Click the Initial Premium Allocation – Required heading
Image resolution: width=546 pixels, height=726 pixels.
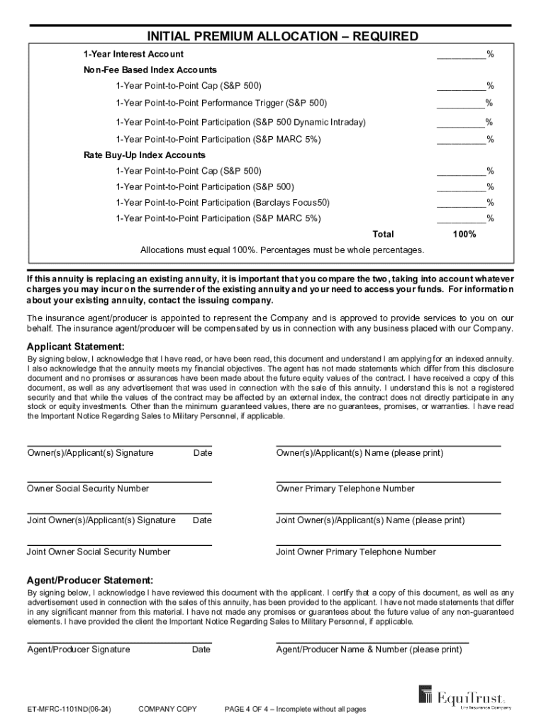(x=282, y=36)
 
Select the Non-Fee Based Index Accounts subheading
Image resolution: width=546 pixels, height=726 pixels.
(x=150, y=70)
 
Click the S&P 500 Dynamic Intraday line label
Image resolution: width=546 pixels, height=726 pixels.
(x=241, y=122)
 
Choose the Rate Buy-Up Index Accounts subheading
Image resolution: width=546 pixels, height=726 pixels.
(x=144, y=155)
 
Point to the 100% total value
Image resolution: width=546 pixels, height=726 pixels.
(x=464, y=234)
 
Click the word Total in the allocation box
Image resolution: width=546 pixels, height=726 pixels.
(x=383, y=234)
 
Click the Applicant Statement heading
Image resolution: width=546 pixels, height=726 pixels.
(x=75, y=347)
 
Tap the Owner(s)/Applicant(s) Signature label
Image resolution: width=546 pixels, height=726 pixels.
(x=90, y=453)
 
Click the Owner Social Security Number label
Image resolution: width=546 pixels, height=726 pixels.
(x=88, y=488)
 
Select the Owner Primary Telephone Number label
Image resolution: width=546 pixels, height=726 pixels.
(x=345, y=488)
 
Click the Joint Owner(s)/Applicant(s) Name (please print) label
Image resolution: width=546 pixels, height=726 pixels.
(x=370, y=520)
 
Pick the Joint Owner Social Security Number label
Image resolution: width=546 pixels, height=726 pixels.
(x=99, y=552)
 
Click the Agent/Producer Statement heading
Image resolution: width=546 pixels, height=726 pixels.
(x=89, y=579)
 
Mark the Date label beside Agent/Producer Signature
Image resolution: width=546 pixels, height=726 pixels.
(x=201, y=649)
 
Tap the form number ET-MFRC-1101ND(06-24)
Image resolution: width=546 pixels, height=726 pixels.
(x=69, y=709)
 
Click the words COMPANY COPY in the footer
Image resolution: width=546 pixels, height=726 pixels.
(x=167, y=709)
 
